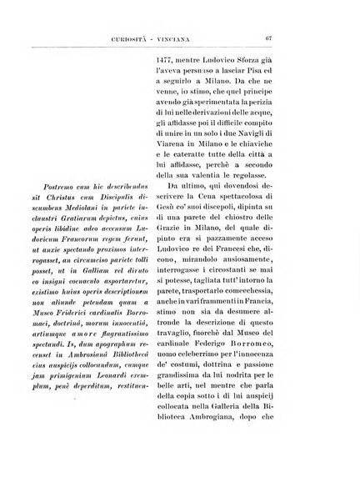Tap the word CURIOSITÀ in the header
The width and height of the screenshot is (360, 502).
pyautogui.click(x=135, y=38)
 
